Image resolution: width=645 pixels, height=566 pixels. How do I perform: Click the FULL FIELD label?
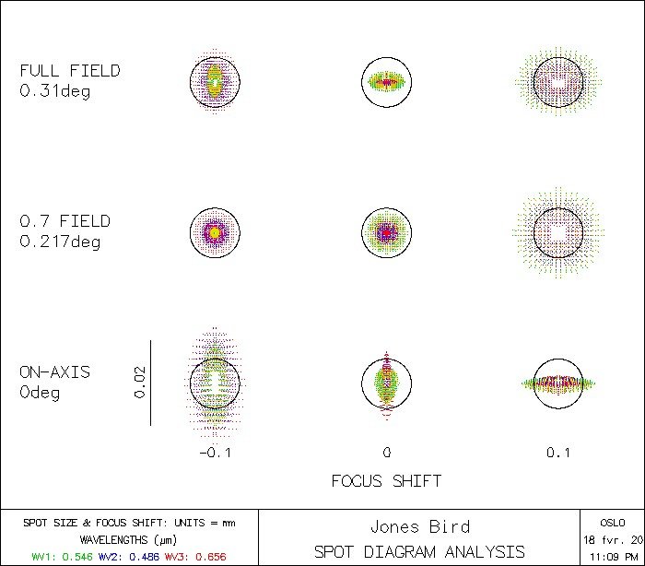pos(70,71)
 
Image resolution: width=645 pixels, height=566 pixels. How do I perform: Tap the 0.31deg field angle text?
pos(55,91)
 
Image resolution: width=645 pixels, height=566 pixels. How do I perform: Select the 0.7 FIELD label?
pos(64,221)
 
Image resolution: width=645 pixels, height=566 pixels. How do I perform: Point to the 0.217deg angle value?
pos(60,242)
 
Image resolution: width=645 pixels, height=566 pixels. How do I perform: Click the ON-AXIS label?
pos(55,372)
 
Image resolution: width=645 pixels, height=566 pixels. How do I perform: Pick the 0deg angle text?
pos(40,394)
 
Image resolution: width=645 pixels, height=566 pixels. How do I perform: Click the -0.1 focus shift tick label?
pos(215,453)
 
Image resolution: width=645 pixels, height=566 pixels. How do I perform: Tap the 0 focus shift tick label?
pos(387,453)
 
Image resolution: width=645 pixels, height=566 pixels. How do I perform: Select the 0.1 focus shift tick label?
pos(558,453)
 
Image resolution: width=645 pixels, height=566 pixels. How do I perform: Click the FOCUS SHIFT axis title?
pos(386,481)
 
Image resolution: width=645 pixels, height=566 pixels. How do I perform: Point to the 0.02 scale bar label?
pos(139,382)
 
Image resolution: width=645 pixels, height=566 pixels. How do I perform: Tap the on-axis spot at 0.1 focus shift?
pos(558,383)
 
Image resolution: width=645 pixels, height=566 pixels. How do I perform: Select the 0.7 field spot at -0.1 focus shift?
pos(215,232)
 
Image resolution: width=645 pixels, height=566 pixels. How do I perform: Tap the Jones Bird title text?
pos(419,527)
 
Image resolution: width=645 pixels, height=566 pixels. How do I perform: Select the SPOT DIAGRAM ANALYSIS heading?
pos(419,551)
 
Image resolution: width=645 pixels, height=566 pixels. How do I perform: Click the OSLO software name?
pos(612,522)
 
